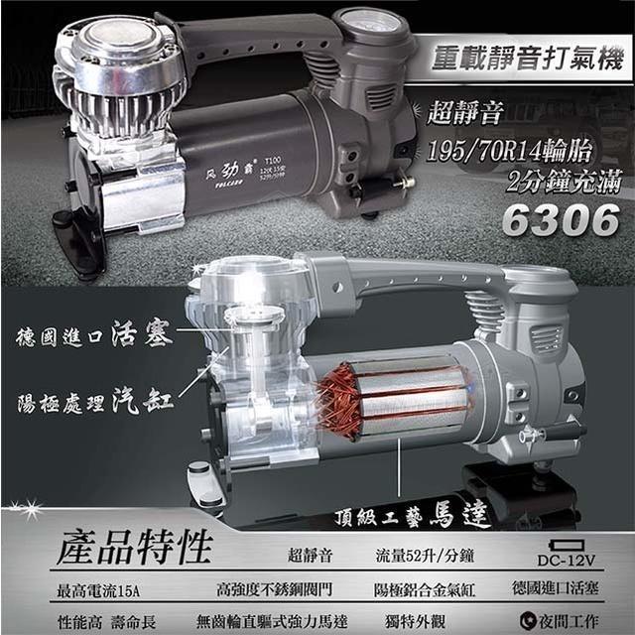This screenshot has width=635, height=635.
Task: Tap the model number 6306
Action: [x=560, y=220]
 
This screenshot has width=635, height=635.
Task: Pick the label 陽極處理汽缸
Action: [x=95, y=402]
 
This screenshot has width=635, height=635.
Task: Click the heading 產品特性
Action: [x=134, y=547]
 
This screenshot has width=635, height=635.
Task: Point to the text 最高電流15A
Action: [x=98, y=591]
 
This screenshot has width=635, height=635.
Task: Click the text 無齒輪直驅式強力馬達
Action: [x=269, y=620]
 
